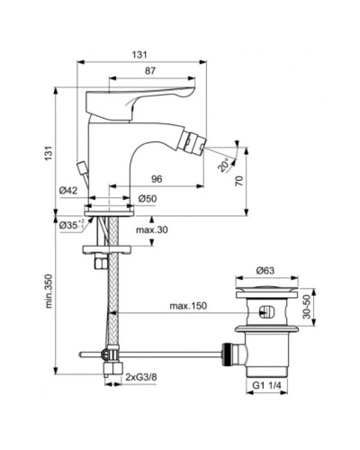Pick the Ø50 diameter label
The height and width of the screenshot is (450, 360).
pyautogui.click(x=149, y=199)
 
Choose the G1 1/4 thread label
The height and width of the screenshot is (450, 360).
pyautogui.click(x=268, y=386)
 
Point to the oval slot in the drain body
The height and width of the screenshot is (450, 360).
pyautogui.click(x=264, y=313)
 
